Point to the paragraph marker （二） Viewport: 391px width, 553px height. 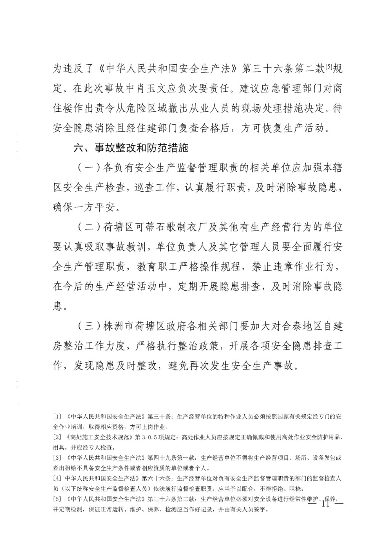89,227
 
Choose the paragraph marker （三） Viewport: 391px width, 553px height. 89,326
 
